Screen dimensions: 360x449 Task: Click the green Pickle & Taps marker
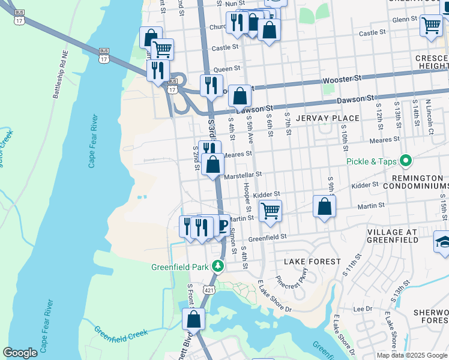406,161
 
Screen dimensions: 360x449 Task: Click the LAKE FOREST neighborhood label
312,262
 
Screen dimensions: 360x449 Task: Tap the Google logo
20,353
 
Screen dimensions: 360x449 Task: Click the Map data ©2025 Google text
411,355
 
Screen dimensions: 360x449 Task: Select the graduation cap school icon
442,242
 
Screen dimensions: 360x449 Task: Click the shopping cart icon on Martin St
270,211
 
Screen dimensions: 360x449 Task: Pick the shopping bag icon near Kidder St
324,206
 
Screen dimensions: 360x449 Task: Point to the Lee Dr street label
363,309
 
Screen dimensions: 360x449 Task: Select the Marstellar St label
243,175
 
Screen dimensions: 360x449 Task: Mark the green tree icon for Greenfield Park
220,265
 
